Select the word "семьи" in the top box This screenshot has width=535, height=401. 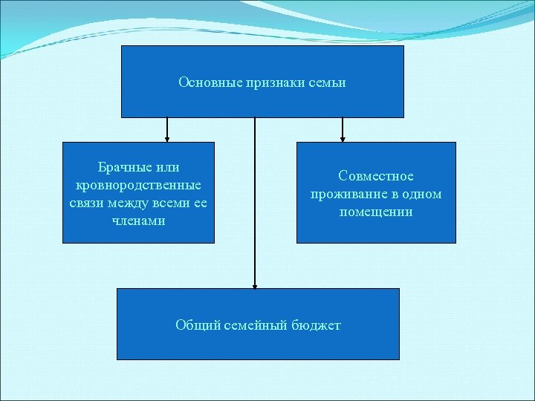(328, 82)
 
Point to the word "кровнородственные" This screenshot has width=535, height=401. (138, 185)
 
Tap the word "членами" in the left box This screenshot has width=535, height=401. (138, 221)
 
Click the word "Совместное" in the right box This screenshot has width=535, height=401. (376, 177)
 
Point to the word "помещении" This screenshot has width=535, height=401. (376, 212)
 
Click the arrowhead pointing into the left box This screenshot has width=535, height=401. (167, 138)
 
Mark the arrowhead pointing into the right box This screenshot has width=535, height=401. (343, 138)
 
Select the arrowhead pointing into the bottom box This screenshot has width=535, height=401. (255, 284)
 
